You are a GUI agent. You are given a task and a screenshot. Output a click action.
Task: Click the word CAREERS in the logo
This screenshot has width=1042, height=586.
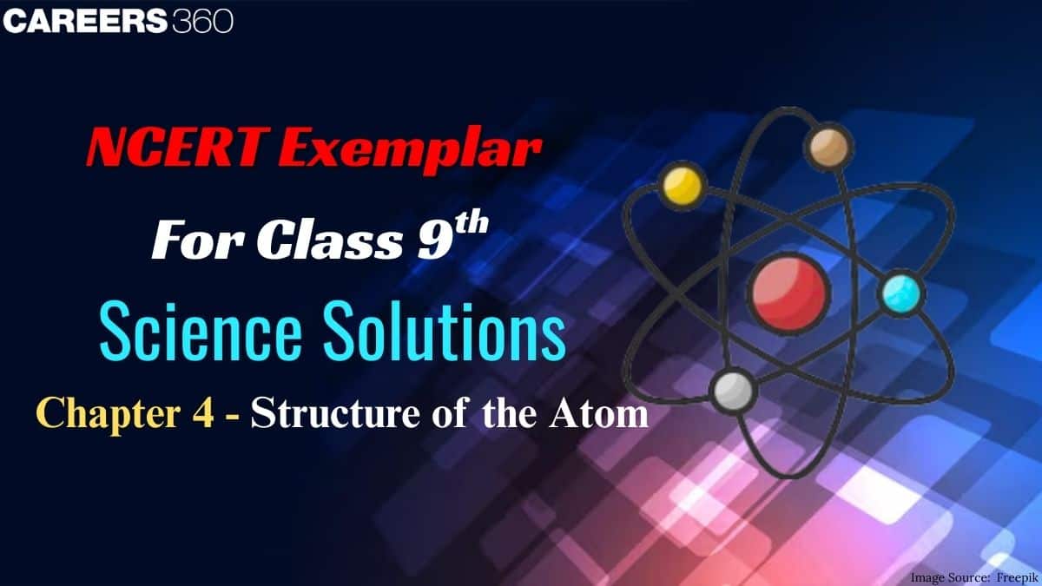[85, 22]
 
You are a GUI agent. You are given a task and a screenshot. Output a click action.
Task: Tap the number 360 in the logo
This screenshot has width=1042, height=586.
[203, 22]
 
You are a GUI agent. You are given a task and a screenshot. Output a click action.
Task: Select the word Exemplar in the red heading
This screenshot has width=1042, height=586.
[410, 149]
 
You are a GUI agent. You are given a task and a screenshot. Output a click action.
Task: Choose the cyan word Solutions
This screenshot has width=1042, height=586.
[445, 329]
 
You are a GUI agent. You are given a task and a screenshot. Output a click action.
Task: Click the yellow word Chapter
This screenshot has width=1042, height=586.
[108, 414]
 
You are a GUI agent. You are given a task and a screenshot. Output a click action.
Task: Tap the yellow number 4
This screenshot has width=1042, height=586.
[204, 412]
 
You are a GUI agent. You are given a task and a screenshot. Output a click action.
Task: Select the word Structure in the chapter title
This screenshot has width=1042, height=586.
[335, 413]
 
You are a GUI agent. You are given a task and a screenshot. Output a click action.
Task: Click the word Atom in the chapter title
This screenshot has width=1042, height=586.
[598, 413]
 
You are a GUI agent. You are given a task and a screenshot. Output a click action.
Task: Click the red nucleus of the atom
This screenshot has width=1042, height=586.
[788, 292]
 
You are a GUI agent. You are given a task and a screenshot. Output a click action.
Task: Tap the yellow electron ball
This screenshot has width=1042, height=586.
[683, 185]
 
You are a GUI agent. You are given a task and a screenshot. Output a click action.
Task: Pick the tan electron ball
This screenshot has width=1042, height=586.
[828, 146]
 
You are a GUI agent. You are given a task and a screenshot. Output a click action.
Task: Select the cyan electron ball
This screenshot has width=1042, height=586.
[900, 294]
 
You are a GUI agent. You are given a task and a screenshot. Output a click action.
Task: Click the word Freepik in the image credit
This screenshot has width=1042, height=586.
[1017, 577]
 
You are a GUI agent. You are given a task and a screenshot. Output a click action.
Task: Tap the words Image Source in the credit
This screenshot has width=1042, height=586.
[950, 577]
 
